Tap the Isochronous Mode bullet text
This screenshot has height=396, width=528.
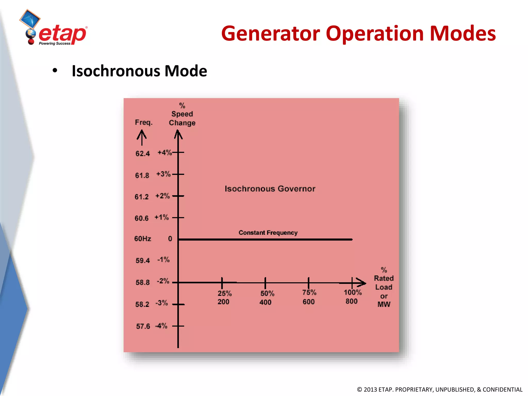click(x=139, y=71)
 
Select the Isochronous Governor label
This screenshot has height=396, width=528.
click(x=270, y=189)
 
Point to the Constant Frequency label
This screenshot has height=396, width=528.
click(x=268, y=233)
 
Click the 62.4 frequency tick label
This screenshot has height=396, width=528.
click(x=143, y=154)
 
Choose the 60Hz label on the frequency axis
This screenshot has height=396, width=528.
click(x=143, y=239)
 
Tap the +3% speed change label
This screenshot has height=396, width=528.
click(x=163, y=174)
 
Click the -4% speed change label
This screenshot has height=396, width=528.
click(x=161, y=326)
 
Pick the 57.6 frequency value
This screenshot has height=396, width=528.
click(x=143, y=326)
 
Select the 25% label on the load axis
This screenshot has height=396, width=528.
click(x=225, y=293)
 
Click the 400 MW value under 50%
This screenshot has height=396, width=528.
click(x=265, y=302)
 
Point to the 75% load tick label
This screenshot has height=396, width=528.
click(x=309, y=292)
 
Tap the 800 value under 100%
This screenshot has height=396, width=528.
click(x=351, y=301)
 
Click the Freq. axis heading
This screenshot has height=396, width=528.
click(x=144, y=122)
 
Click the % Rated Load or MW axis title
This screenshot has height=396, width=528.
click(x=384, y=287)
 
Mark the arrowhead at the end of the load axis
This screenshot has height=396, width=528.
click(x=361, y=283)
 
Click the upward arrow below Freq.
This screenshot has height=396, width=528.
click(x=142, y=137)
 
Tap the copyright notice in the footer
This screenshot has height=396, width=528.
click(x=440, y=389)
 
